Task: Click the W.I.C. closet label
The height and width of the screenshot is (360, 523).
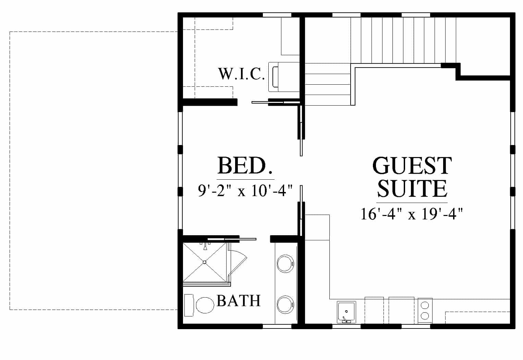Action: [x=241, y=74]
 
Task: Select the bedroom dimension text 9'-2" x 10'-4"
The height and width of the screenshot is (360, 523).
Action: [x=245, y=191]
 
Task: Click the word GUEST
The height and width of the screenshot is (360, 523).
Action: [x=412, y=166]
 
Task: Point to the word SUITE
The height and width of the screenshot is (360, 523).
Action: [x=412, y=189]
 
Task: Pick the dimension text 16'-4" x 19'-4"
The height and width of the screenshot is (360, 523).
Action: [x=411, y=214]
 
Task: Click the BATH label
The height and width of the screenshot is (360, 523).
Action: [x=239, y=301]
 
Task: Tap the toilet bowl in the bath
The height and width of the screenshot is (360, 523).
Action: [x=205, y=305]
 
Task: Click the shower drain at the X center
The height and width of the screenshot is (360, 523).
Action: [x=205, y=262]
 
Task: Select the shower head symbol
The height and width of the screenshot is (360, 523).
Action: [x=205, y=246]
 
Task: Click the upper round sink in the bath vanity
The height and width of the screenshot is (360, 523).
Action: [x=285, y=264]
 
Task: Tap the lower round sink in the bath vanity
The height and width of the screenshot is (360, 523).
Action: [x=285, y=305]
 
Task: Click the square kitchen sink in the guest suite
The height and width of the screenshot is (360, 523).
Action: [x=346, y=312]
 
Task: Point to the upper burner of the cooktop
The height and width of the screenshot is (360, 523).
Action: [x=425, y=305]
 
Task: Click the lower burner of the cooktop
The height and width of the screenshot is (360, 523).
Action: [x=425, y=316]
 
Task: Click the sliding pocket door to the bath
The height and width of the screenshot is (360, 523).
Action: [x=232, y=239]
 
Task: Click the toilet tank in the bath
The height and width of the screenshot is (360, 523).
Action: [x=189, y=305]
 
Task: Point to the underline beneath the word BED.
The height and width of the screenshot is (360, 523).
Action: [x=245, y=179]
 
